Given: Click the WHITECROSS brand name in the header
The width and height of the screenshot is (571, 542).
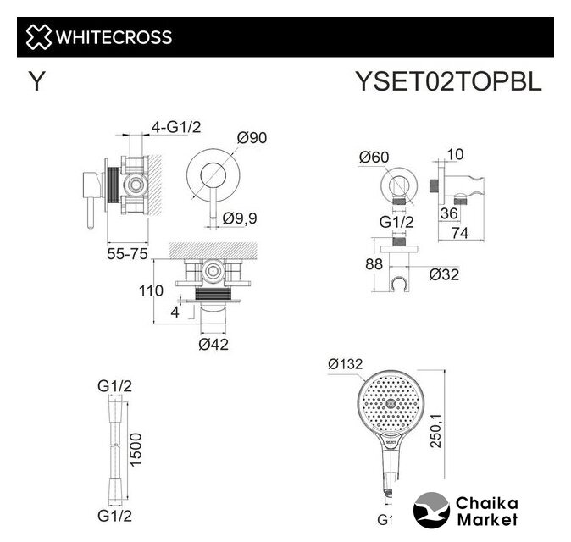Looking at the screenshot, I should click(114, 36).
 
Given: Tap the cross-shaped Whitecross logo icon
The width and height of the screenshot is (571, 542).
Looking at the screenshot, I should click(38, 36).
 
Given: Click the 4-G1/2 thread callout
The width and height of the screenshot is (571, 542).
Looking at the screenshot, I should click(175, 127).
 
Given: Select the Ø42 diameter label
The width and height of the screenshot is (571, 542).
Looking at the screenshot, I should click(213, 344).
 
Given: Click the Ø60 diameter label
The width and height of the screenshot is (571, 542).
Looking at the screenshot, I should click(373, 157).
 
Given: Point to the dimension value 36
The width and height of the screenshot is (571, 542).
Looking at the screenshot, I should click(449, 213).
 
